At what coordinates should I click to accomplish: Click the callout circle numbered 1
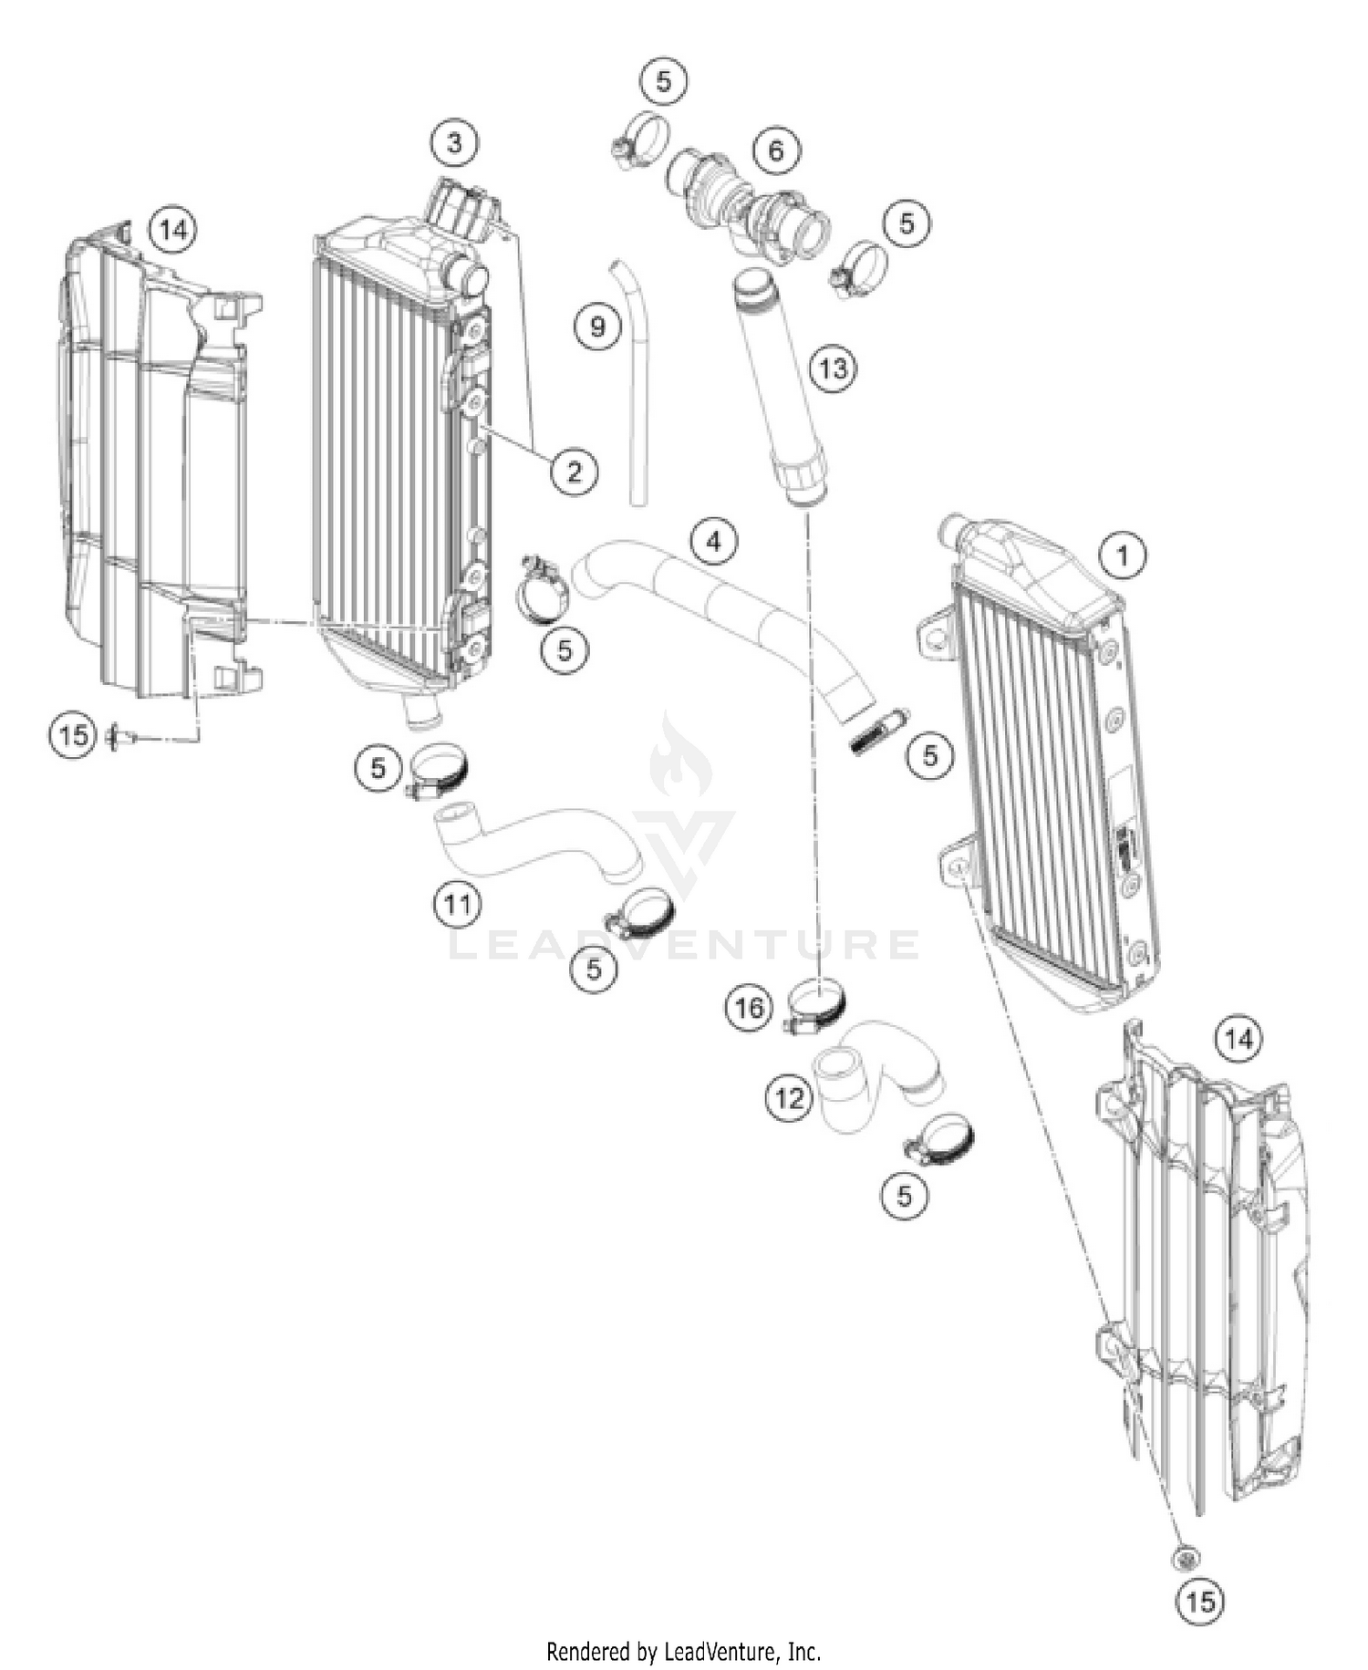(1123, 555)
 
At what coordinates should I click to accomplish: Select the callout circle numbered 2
(574, 472)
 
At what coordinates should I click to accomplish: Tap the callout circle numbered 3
(454, 142)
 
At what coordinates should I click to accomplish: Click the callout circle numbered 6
(775, 150)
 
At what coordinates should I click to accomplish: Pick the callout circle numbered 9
(597, 326)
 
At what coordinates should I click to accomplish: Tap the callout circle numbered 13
(832, 368)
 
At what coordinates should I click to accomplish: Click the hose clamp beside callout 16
(816, 1003)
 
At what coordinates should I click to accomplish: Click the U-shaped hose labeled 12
(876, 1076)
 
